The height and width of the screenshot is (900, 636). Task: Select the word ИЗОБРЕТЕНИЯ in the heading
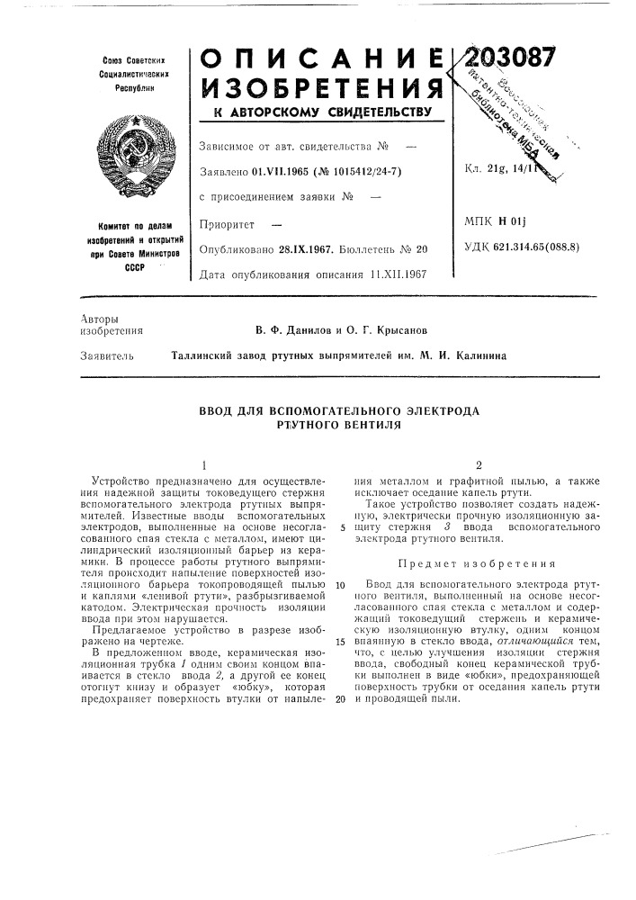pos(319,88)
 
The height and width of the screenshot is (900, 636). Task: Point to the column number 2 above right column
pos(478,465)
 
